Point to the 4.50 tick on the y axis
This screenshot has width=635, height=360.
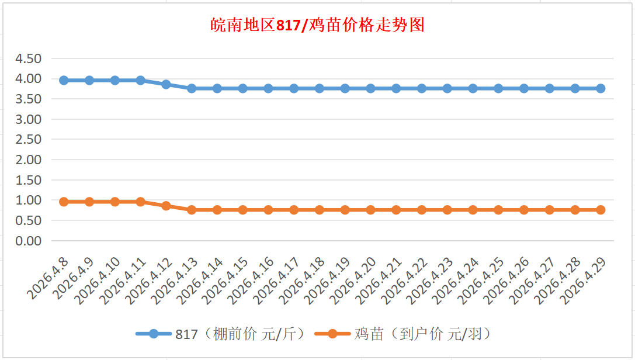click(29, 58)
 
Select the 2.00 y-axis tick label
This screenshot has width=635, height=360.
click(29, 160)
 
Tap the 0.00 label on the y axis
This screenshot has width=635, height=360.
click(29, 241)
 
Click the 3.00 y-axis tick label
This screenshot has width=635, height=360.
click(29, 119)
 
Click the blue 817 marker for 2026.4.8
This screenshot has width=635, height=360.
click(64, 80)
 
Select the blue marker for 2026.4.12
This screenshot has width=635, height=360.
click(166, 84)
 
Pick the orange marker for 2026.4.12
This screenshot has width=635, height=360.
click(166, 206)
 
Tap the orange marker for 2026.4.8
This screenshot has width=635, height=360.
click(64, 202)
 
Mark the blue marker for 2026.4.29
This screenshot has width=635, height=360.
click(601, 88)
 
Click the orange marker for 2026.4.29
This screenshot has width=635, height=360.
click(601, 210)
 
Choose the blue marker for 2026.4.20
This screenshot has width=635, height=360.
click(370, 88)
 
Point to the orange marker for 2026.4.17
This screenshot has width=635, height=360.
click(294, 210)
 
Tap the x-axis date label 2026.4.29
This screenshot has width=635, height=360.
click(585, 279)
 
